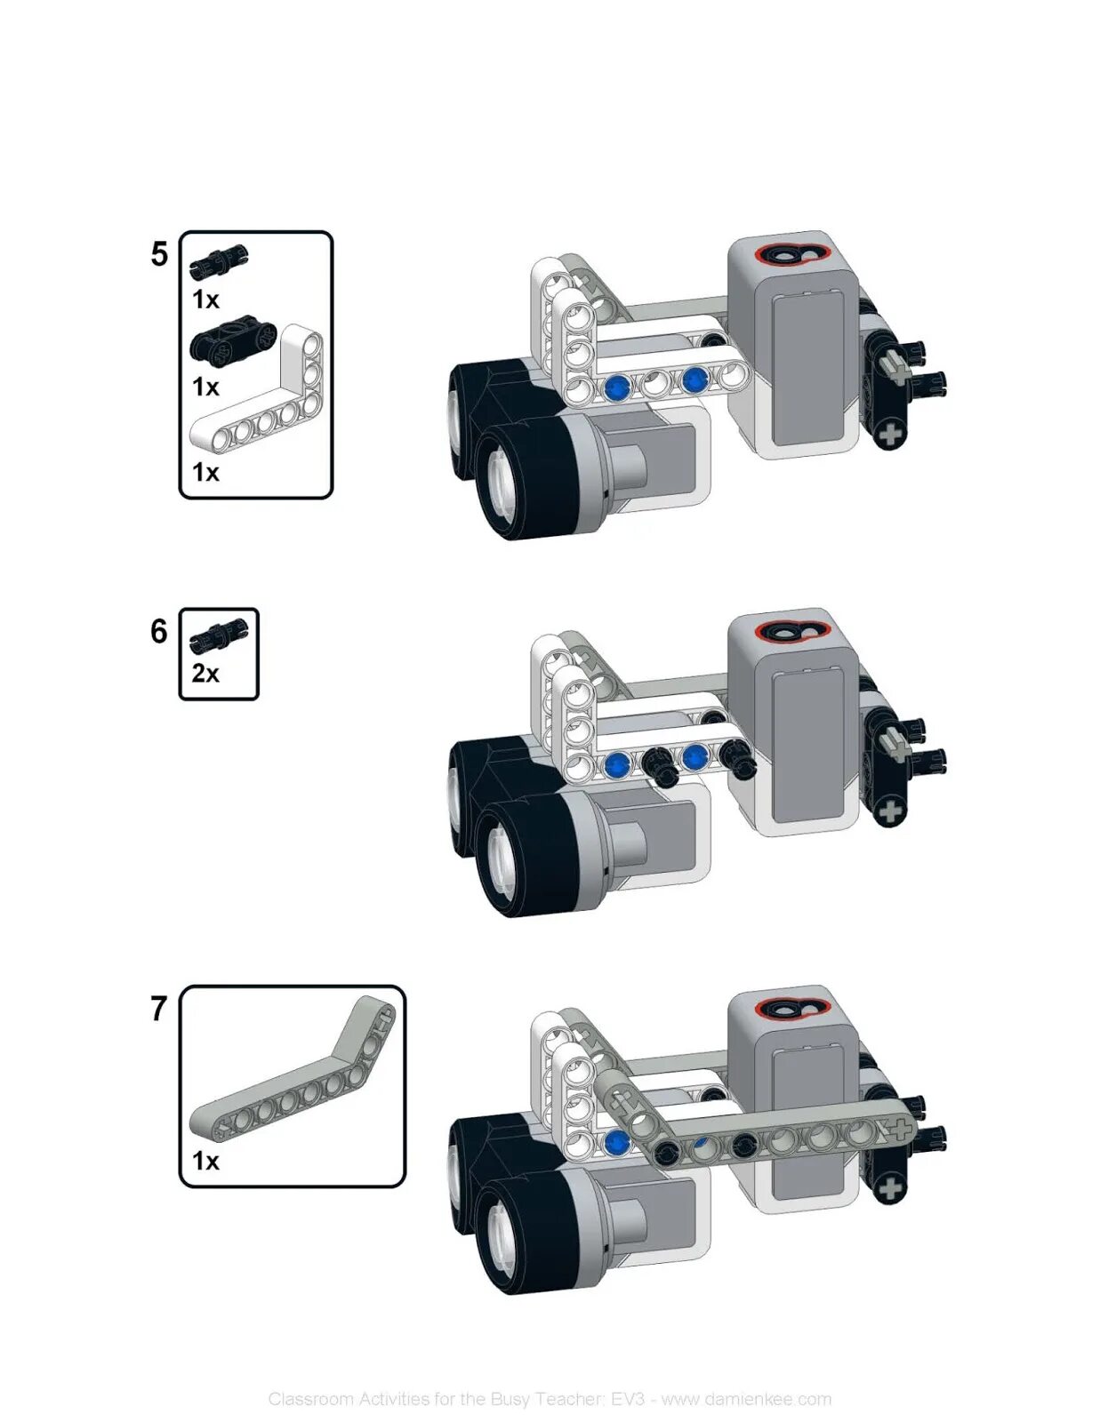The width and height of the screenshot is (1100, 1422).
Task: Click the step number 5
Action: pyautogui.click(x=158, y=254)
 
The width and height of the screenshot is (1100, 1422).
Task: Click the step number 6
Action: pyautogui.click(x=158, y=631)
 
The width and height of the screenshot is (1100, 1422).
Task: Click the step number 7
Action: pyautogui.click(x=158, y=1008)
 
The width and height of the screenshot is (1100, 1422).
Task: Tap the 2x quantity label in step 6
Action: pyautogui.click(x=205, y=674)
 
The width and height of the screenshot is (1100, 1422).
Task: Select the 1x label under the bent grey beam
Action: pyautogui.click(x=205, y=1161)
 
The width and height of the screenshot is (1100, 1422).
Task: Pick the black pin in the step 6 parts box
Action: pyautogui.click(x=219, y=634)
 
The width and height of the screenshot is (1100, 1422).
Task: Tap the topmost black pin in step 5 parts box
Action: pyautogui.click(x=218, y=260)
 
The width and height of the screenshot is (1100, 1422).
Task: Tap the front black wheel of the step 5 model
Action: pyautogui.click(x=525, y=480)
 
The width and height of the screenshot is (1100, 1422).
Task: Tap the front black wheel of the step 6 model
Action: pyautogui.click(x=525, y=858)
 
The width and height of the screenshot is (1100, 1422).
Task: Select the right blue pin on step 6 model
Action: pyautogui.click(x=695, y=757)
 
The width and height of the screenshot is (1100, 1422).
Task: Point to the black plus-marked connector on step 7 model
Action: pyautogui.click(x=889, y=1186)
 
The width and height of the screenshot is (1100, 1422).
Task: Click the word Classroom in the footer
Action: pyautogui.click(x=310, y=1399)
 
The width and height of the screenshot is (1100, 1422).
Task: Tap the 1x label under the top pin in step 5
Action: pyautogui.click(x=205, y=300)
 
